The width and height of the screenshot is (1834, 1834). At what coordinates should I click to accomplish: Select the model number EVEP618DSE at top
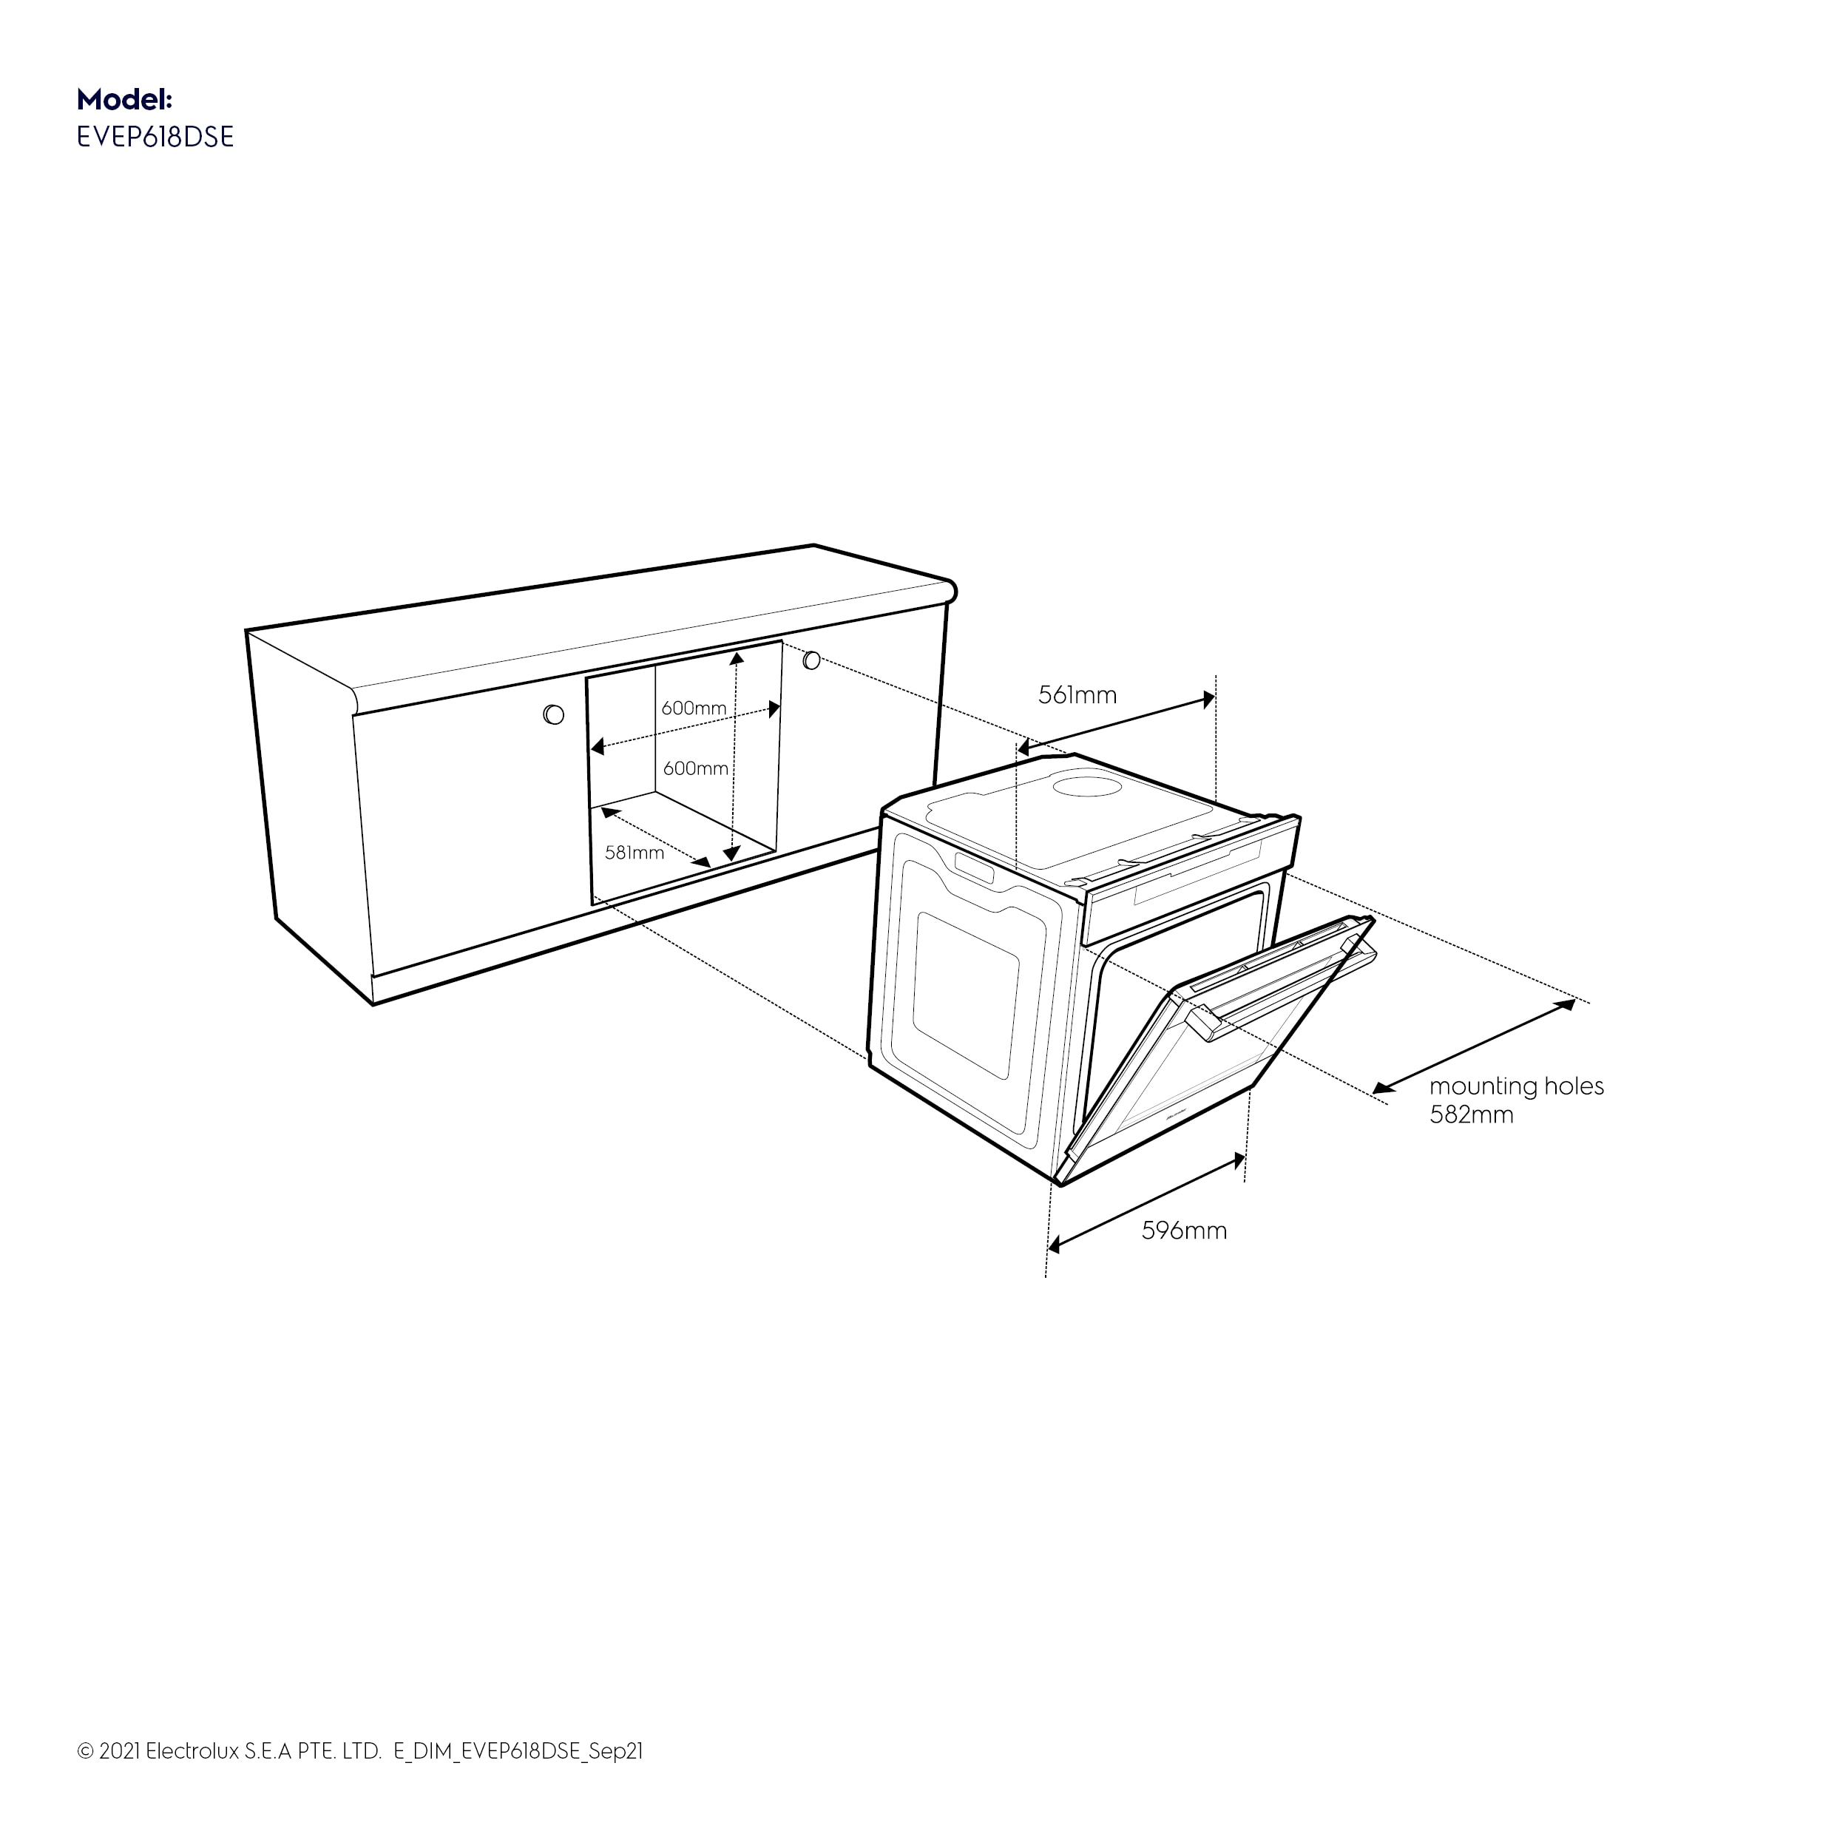click(155, 138)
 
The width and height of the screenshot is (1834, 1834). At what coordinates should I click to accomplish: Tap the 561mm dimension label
click(1077, 695)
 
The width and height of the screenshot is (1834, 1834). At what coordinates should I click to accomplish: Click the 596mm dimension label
click(1184, 1231)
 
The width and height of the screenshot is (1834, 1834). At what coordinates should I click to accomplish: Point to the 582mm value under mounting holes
click(1472, 1114)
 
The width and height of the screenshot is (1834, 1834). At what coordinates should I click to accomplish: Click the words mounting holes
click(1517, 1086)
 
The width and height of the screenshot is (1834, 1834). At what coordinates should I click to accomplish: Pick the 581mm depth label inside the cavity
click(634, 853)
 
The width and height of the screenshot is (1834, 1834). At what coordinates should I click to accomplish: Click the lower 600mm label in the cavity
click(696, 768)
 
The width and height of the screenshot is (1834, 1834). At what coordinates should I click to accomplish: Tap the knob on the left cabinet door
click(553, 714)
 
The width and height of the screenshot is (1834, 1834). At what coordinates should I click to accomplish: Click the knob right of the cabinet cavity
click(812, 659)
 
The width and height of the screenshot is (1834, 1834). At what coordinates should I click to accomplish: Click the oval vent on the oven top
click(1090, 786)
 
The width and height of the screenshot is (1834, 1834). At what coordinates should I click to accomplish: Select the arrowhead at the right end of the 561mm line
click(1208, 700)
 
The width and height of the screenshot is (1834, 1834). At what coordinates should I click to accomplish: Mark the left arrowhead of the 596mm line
click(1055, 1244)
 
